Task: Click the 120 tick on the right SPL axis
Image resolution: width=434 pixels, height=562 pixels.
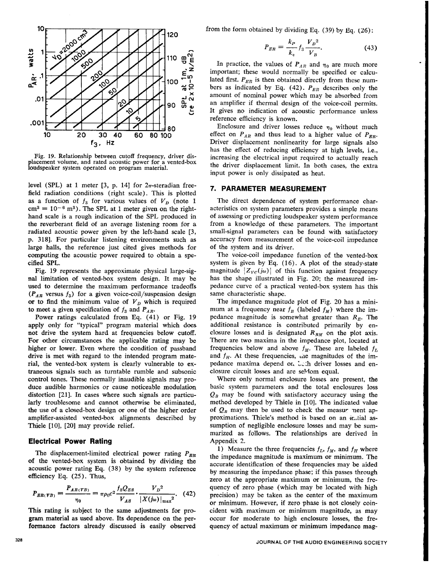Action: pyautogui.click(x=172, y=35)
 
